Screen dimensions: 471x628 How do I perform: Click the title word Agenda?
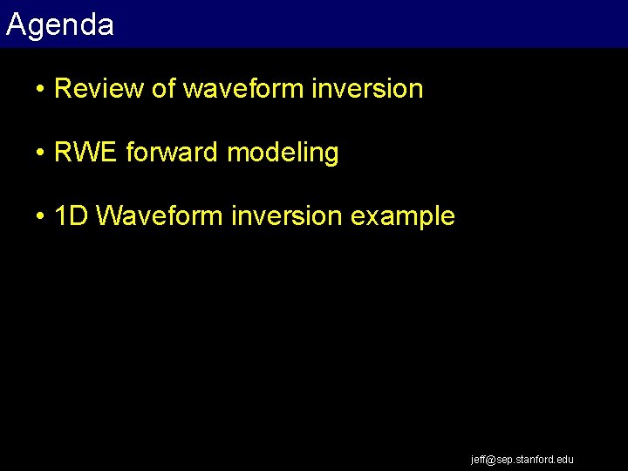[59, 25]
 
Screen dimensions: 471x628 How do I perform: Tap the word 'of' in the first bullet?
[162, 89]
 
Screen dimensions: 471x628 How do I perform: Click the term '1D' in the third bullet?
[72, 216]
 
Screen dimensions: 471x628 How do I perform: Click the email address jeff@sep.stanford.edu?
[522, 459]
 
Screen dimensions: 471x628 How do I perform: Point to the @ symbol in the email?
[490, 459]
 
